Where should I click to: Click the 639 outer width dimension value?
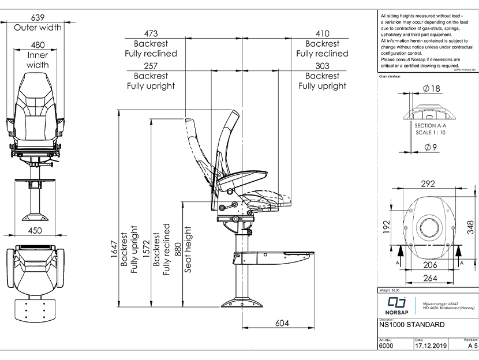point(38,17)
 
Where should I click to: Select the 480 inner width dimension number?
point(38,44)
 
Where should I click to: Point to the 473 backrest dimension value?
point(151,33)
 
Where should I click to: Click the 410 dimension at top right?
point(322,33)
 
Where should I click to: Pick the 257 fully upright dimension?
point(151,65)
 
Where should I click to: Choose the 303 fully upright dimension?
point(322,65)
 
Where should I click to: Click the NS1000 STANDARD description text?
point(411,325)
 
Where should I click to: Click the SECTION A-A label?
point(431,125)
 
